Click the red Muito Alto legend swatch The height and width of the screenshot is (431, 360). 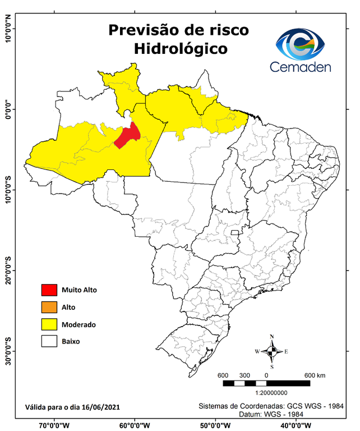click(49, 290)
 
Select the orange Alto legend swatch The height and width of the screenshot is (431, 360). click(49, 307)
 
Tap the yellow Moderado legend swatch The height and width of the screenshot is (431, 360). click(49, 324)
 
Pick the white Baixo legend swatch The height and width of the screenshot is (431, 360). click(49, 341)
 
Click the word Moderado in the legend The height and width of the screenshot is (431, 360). click(79, 324)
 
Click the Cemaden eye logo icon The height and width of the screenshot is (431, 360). click(303, 45)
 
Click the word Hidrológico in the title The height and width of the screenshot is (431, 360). click(181, 49)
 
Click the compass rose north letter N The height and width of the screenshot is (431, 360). click(272, 337)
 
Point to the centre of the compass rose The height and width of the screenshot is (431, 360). click(272, 351)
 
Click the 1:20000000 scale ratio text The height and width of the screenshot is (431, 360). click(272, 393)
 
